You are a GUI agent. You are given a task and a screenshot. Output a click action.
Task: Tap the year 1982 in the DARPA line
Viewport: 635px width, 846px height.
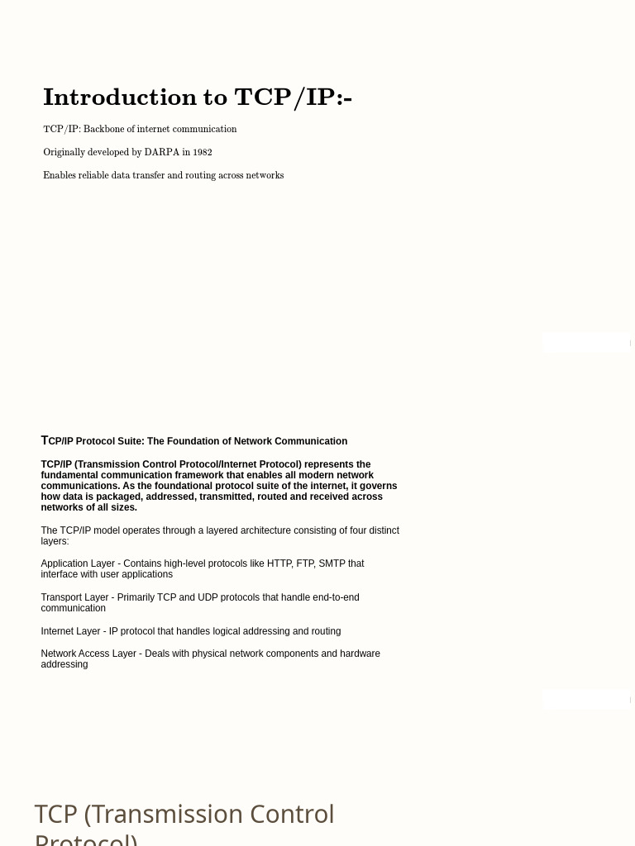pos(203,152)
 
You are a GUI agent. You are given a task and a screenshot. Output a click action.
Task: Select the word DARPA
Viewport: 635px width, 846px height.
pos(161,152)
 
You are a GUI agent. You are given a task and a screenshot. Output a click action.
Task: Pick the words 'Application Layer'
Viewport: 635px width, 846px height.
pos(78,563)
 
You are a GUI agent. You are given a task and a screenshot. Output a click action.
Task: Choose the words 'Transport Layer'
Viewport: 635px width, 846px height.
pos(74,597)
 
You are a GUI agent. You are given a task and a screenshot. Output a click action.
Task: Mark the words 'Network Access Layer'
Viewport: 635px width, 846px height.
pos(88,654)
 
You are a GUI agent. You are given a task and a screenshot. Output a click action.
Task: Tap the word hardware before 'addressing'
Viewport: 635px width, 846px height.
pos(360,654)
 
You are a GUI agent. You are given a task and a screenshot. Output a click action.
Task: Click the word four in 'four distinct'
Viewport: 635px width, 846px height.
pos(329,530)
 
